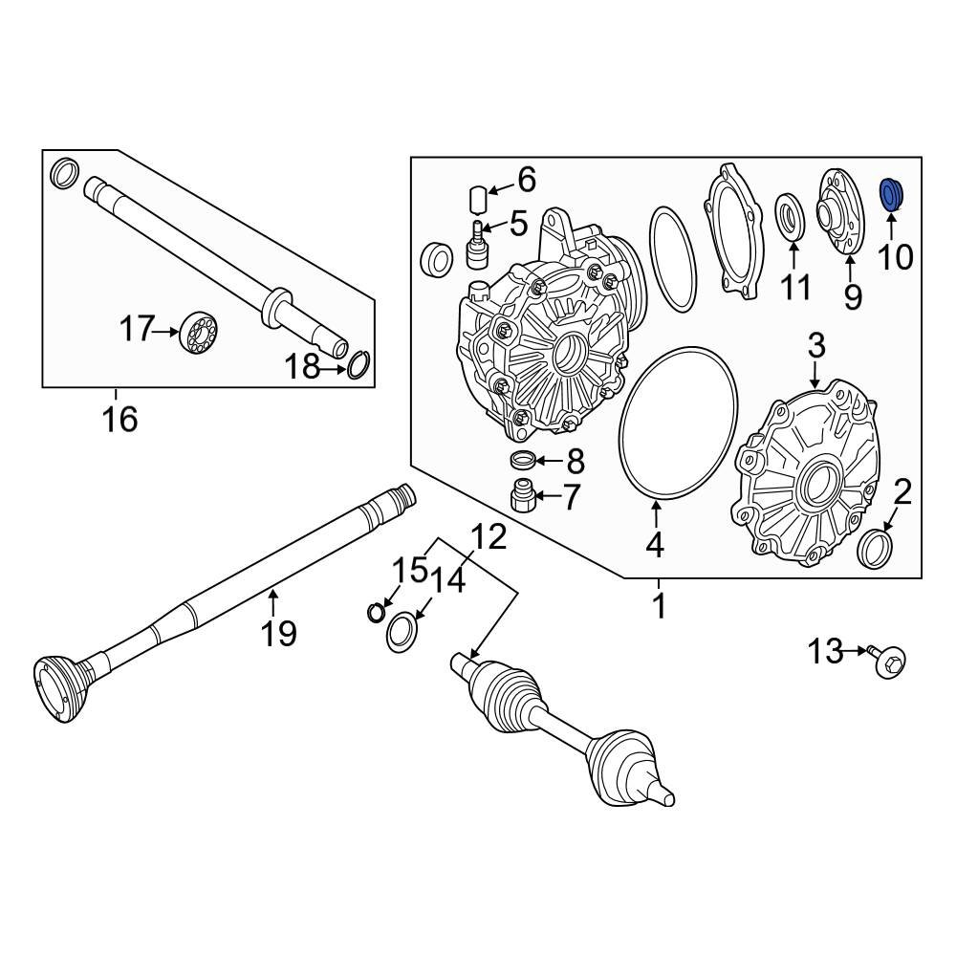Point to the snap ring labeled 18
[x=358, y=365]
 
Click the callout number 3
[x=815, y=347]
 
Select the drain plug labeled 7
[x=523, y=497]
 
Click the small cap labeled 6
[x=479, y=198]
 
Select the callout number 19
[x=279, y=632]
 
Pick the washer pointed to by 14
[x=402, y=632]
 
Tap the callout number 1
[x=658, y=605]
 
